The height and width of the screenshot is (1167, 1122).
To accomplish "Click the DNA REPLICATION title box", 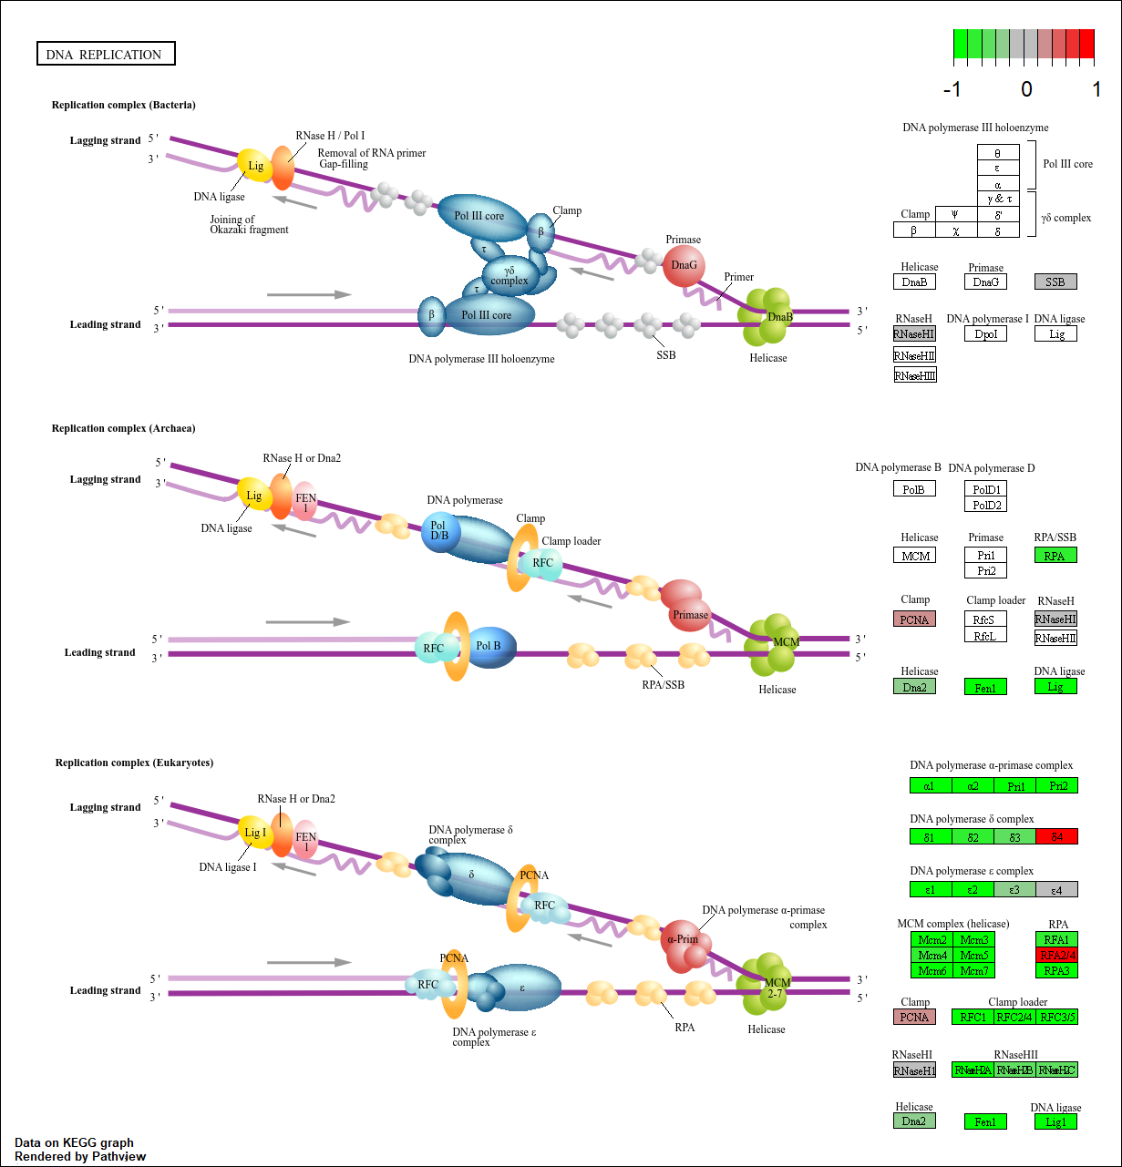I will [105, 55].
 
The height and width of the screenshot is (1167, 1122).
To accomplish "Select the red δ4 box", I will [1056, 836].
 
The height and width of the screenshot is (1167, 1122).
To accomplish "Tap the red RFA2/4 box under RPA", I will [1056, 955].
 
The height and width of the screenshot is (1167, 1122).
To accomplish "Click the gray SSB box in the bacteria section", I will [1055, 282].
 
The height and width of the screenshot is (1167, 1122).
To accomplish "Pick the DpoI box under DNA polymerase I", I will [986, 334].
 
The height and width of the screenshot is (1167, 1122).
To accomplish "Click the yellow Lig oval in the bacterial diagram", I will [254, 166].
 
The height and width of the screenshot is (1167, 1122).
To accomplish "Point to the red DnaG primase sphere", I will [684, 266].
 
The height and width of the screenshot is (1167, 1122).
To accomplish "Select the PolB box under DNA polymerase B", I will [914, 489].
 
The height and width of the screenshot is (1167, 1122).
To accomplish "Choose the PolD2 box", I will [986, 505].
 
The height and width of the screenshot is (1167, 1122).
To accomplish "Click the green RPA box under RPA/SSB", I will [1055, 556].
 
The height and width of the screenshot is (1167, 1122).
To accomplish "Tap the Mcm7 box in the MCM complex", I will [973, 970].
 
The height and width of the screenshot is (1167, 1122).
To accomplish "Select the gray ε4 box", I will [1056, 889].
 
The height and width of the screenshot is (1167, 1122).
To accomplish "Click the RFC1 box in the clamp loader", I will [973, 1017].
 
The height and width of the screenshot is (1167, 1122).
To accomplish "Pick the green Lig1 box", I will [1055, 1121].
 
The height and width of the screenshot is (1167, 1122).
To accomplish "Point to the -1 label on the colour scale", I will [952, 89].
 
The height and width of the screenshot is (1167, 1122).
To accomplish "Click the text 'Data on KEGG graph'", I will [74, 1142].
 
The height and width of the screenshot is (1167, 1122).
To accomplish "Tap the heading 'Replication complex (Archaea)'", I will [123, 428].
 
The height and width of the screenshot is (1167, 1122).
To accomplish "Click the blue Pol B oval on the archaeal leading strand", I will [490, 647].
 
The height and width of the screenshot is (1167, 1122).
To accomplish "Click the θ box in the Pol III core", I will [997, 153].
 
